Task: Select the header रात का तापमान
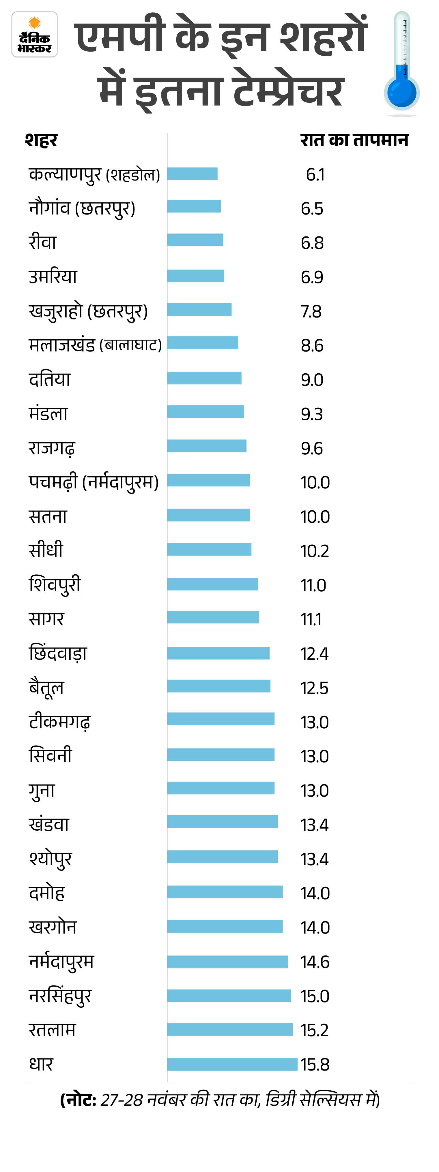click(354, 140)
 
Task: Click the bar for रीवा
click(195, 240)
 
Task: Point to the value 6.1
click(315, 175)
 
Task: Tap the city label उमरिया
click(53, 276)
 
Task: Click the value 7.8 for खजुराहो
click(311, 312)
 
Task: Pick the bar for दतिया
click(204, 378)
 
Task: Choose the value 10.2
click(314, 551)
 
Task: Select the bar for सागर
click(213, 617)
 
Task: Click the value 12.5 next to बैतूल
click(314, 688)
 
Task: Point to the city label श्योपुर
click(50, 859)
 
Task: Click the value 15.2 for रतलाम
click(314, 1030)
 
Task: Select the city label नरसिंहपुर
click(60, 996)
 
